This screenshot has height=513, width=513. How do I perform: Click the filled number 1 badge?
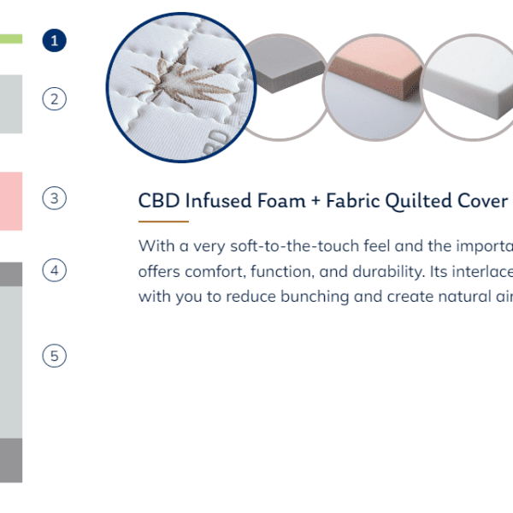tap(55, 40)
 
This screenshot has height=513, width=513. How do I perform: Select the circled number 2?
tap(55, 99)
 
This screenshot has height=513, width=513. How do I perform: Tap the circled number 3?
tap(55, 198)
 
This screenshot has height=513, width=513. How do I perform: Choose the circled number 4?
tap(55, 270)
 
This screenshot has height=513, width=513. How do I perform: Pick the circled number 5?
tap(55, 356)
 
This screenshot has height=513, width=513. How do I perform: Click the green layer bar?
tap(11, 39)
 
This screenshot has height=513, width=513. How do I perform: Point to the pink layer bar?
tap(11, 201)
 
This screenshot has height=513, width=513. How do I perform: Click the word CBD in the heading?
tap(159, 200)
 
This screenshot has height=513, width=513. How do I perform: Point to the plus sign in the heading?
tap(315, 201)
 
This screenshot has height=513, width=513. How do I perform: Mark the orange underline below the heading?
tap(163, 221)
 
